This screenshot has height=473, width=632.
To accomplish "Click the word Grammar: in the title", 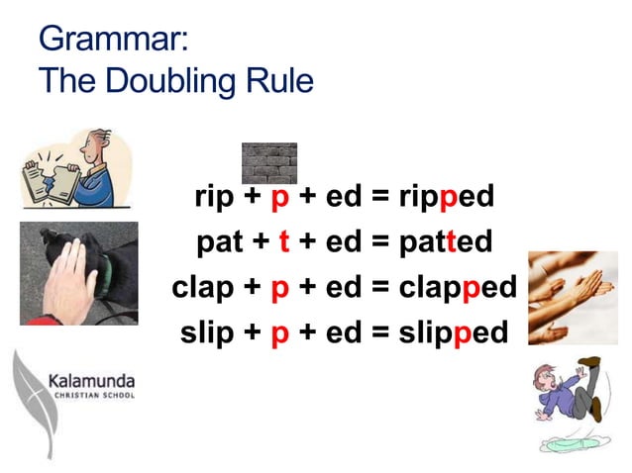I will pos(111,40).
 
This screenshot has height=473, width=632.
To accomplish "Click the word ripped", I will pos(445,198).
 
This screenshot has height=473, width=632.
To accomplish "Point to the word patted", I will pos(444,241).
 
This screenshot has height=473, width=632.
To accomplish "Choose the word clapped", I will pos(458,287).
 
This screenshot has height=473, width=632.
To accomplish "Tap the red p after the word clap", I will pos(280,288).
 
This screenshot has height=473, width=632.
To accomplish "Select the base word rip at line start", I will pos(214,198).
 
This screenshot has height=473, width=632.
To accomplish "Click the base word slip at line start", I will pos(210,332).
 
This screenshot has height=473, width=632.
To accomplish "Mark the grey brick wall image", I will pos(269,162).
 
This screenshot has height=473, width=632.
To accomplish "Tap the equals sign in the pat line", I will pos(379,242).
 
